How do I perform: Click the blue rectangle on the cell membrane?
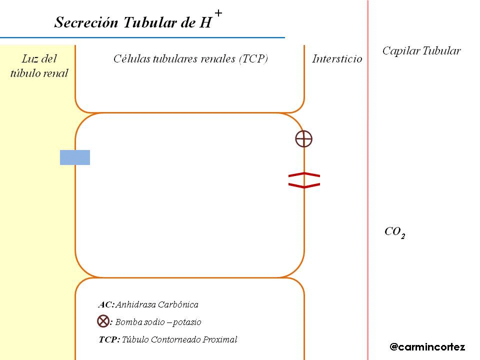click(75, 157)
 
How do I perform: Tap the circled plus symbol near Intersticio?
click(303, 138)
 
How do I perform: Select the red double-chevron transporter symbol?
click(304, 180)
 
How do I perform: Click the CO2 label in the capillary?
click(394, 232)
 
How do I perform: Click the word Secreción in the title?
click(80, 23)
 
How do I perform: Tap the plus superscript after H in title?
click(218, 13)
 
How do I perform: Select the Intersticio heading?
click(337, 59)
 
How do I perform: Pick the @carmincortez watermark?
click(427, 346)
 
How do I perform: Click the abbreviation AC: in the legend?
click(106, 304)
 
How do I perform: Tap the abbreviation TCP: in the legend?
click(109, 340)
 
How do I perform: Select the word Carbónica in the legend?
click(179, 304)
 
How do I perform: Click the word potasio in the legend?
click(187, 322)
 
